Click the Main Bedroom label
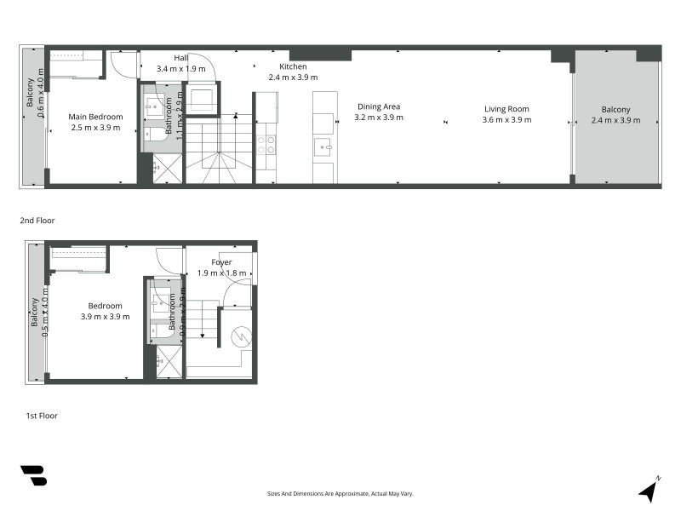pyautogui.click(x=95, y=117)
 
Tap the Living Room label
pyautogui.click(x=506, y=109)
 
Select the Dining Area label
pyautogui.click(x=379, y=106)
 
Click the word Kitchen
pyautogui.click(x=293, y=66)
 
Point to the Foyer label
pyautogui.click(x=221, y=262)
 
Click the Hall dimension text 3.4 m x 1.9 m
pyautogui.click(x=180, y=68)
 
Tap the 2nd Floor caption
pyautogui.click(x=37, y=221)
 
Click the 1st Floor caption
pyautogui.click(x=42, y=416)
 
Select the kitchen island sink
pyautogui.click(x=323, y=146)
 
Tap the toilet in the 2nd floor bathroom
pyautogui.click(x=156, y=133)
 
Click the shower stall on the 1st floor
pyautogui.click(x=169, y=362)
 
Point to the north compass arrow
pyautogui.click(x=650, y=490)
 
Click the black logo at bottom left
pyautogui.click(x=33, y=475)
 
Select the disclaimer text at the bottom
pyautogui.click(x=340, y=493)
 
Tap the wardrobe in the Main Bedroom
pyautogui.click(x=77, y=65)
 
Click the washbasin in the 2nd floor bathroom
pyautogui.click(x=156, y=106)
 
